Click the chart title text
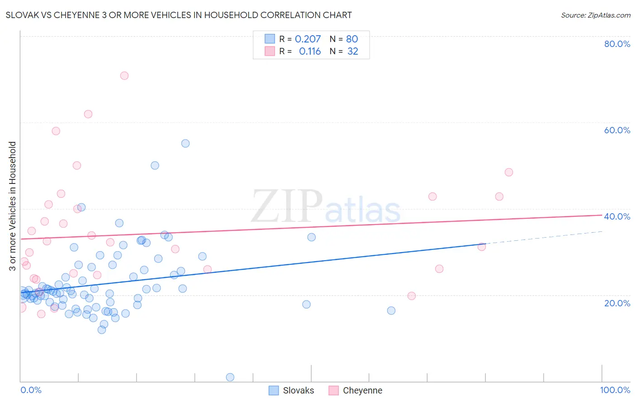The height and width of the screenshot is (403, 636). [179, 15]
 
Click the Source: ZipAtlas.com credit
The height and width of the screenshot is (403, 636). [595, 15]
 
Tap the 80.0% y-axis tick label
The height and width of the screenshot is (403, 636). [617, 44]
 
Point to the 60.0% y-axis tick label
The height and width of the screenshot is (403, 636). [617, 130]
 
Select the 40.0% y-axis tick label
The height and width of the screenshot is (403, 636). [617, 216]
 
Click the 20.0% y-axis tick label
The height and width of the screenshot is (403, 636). [617, 303]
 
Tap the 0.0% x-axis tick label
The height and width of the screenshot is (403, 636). [31, 390]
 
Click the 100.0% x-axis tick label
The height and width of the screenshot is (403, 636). [615, 390]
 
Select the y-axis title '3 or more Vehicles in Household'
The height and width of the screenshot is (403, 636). [12, 206]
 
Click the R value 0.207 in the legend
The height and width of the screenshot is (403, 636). [308, 39]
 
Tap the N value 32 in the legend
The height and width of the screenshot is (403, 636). [352, 52]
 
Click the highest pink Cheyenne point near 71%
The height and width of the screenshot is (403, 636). [124, 75]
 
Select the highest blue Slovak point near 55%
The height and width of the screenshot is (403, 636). [185, 143]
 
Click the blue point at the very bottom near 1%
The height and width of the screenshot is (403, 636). [230, 377]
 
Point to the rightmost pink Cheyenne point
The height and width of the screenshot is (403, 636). [509, 172]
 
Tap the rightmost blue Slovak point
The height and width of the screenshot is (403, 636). [391, 310]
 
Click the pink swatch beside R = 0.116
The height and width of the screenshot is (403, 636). [270, 51]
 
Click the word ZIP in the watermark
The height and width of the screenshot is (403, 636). [287, 206]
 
